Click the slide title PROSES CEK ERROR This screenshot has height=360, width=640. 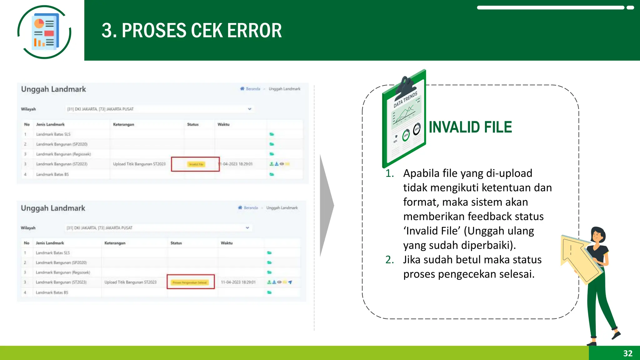[192, 31]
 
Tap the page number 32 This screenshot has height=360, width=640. [627, 353]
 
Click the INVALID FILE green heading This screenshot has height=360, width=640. [470, 127]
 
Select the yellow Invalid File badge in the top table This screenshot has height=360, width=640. [196, 164]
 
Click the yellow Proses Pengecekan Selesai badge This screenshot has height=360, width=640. [190, 282]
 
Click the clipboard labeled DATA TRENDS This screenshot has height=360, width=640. [404, 119]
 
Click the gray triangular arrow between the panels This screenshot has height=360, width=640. [326, 205]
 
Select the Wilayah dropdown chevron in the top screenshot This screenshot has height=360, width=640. [249, 109]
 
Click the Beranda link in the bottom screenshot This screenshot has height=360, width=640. [251, 208]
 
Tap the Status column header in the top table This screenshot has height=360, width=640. [193, 124]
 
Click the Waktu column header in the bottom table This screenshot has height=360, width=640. [227, 243]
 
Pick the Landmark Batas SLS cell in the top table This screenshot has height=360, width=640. [53, 134]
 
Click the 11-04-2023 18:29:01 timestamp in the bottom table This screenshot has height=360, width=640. [238, 282]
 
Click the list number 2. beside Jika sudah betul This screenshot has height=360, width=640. [389, 260]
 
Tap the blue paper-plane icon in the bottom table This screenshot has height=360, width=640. [290, 282]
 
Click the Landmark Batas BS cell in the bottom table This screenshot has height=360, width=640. [52, 292]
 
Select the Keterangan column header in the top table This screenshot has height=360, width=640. [123, 124]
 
